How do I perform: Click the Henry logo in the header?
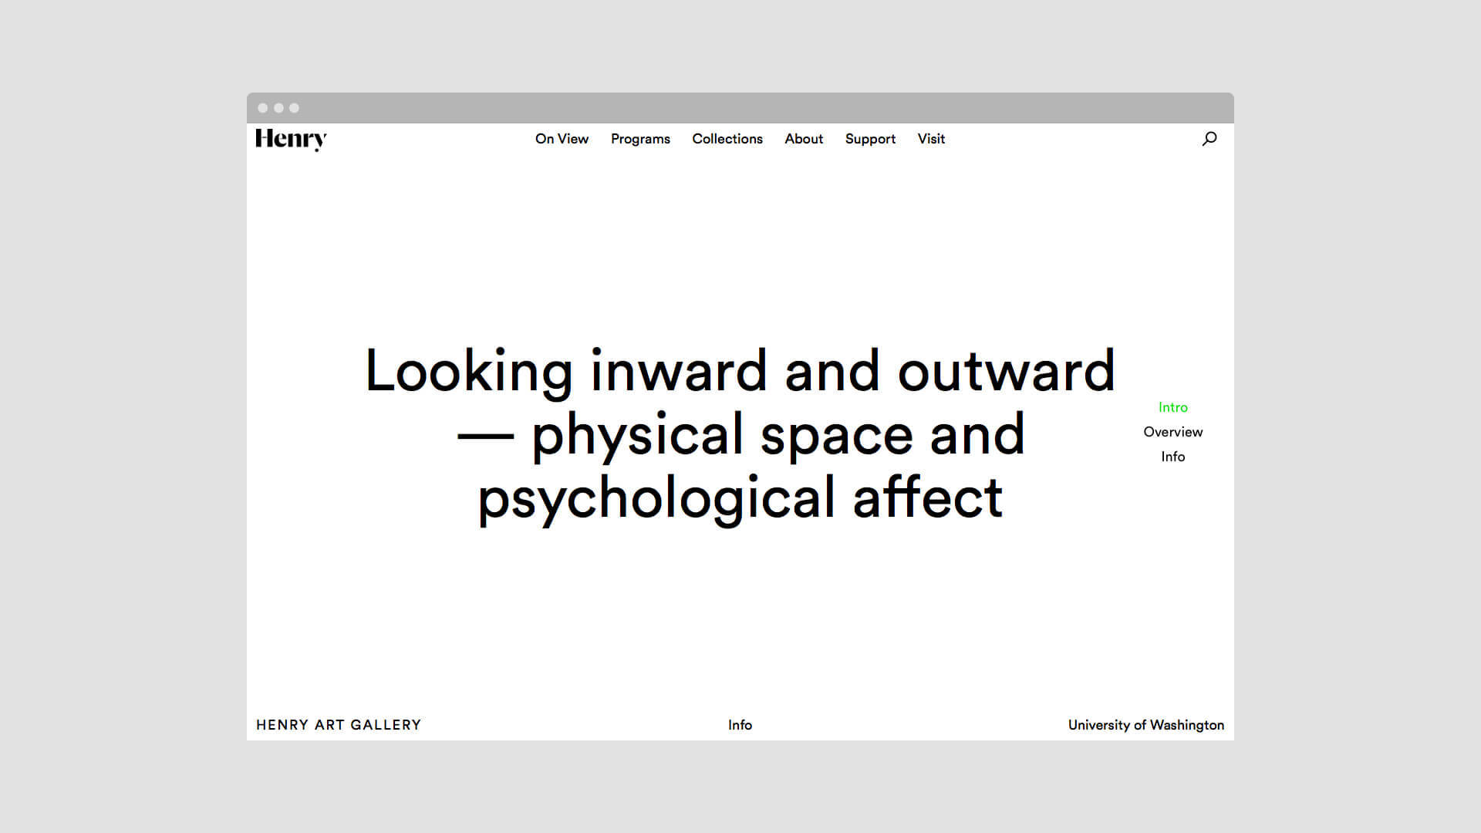pos(291,140)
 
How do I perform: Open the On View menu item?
pos(562,139)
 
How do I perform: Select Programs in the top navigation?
pos(640,140)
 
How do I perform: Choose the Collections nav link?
pos(727,139)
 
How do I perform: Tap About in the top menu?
pos(804,139)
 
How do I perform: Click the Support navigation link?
pos(870,140)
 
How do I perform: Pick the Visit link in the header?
pos(931,139)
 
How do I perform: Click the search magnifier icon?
pos(1209,139)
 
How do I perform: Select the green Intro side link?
pos(1172,407)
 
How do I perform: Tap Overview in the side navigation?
pos(1172,432)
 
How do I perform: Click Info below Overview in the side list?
pos(1172,457)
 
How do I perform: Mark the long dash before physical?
pos(485,436)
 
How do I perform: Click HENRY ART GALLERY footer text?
pos(339,725)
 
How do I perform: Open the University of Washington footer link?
pos(1146,725)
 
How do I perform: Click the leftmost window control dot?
pos(263,108)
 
